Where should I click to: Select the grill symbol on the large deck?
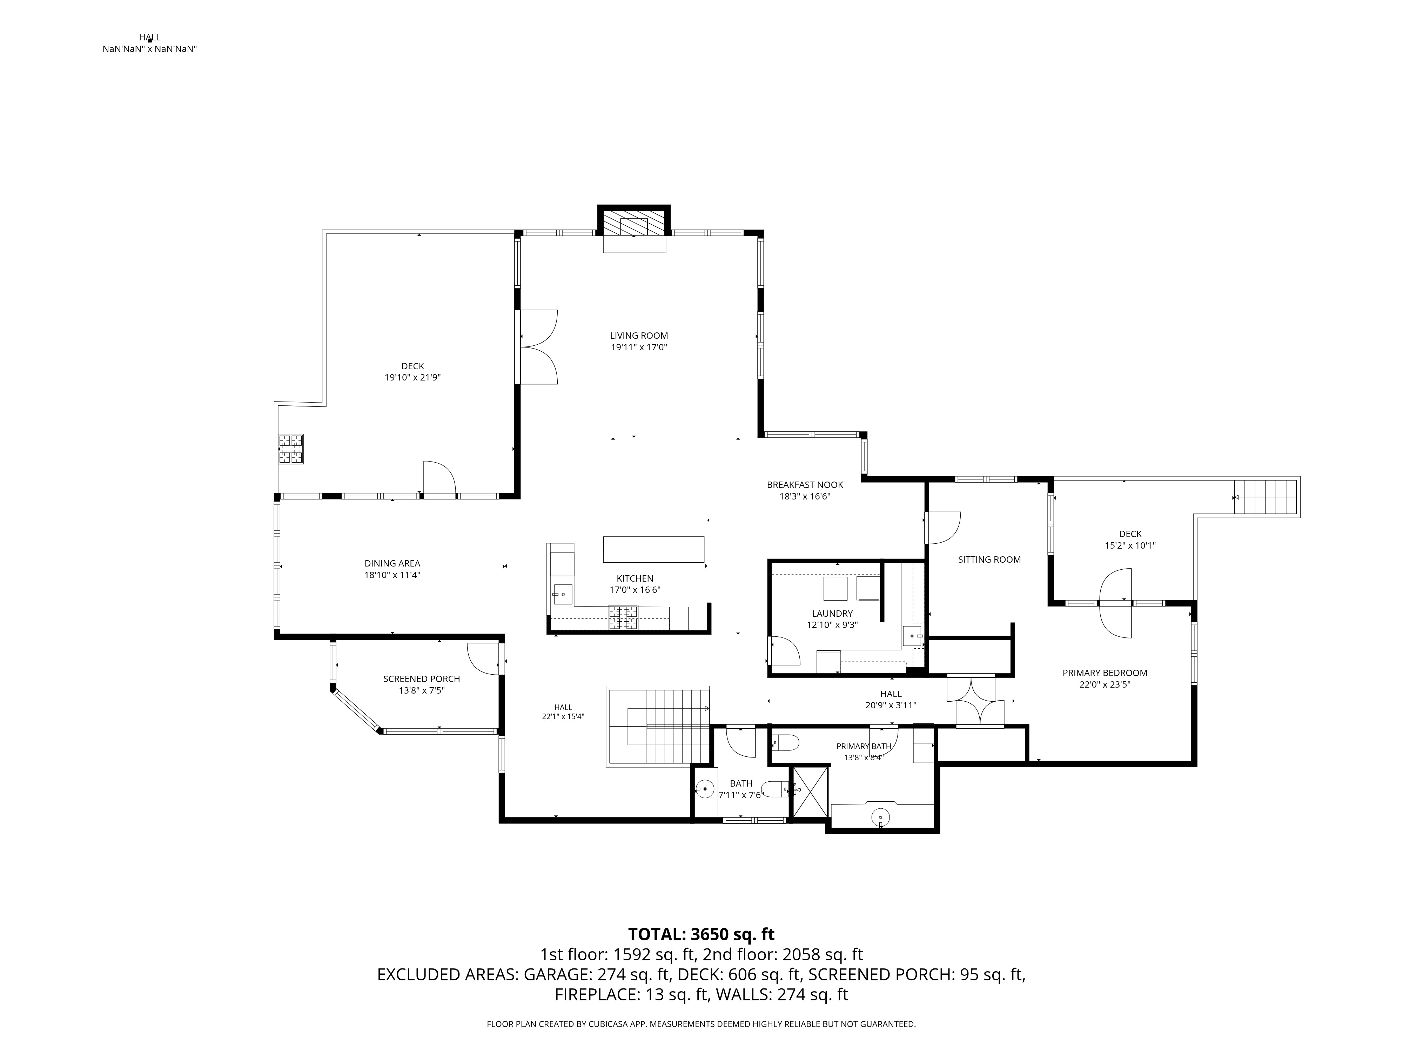pos(290,449)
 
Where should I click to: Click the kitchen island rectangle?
pos(653,549)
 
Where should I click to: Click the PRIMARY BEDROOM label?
pos(1105,673)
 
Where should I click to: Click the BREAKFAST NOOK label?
pos(805,485)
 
